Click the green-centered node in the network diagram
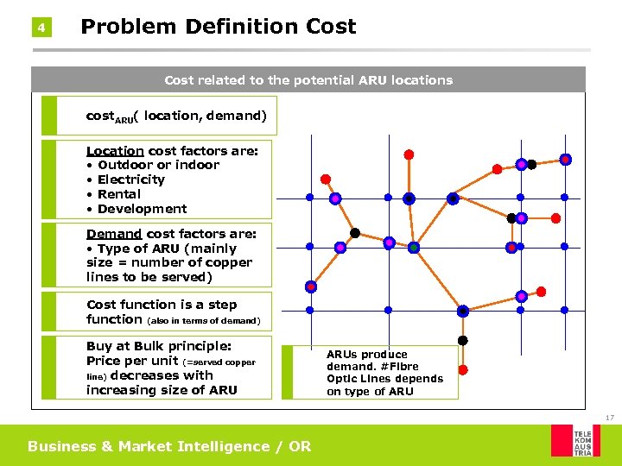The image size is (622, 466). click(x=414, y=248)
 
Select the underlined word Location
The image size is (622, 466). click(x=115, y=150)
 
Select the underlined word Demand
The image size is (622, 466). click(x=113, y=233)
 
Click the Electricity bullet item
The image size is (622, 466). click(x=130, y=179)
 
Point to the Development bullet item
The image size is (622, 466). click(x=142, y=209)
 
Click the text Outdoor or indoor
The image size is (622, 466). click(x=158, y=165)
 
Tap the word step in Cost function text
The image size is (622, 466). click(x=222, y=305)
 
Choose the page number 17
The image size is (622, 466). click(x=609, y=418)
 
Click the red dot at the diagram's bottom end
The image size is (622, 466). click(x=462, y=369)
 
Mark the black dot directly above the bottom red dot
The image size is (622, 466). click(x=462, y=340)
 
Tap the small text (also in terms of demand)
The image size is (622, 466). click(x=204, y=321)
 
